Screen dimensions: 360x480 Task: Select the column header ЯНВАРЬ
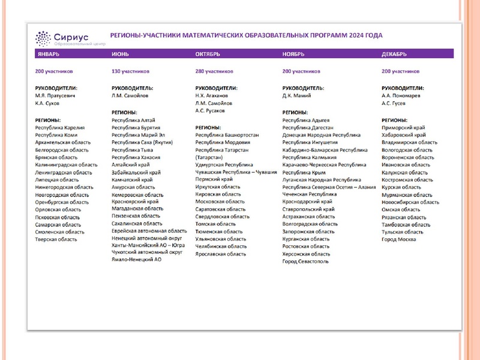48,54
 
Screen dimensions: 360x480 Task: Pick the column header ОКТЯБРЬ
208,54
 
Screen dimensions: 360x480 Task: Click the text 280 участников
214,71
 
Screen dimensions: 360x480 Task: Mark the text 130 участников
130,71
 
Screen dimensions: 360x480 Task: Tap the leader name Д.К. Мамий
296,95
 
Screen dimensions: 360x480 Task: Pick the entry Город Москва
398,239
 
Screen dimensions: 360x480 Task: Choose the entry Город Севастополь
305,262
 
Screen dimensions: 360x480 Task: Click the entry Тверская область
56,239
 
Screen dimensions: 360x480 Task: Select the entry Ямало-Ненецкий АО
137,260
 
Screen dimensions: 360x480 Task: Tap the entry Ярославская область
221,254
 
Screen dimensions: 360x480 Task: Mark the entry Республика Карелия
60,128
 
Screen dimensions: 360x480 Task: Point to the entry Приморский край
403,128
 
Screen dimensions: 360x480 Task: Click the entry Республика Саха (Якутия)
142,142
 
